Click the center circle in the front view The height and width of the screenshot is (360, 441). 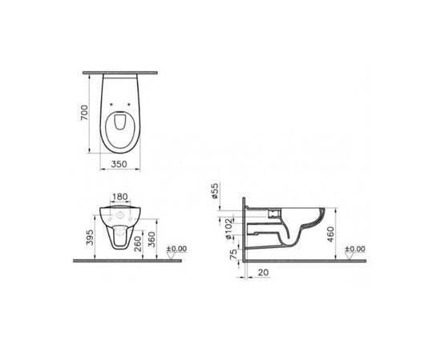click(x=120, y=217)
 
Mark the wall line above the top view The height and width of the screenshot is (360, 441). click(x=120, y=70)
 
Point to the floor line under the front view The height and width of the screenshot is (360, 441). click(x=120, y=260)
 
